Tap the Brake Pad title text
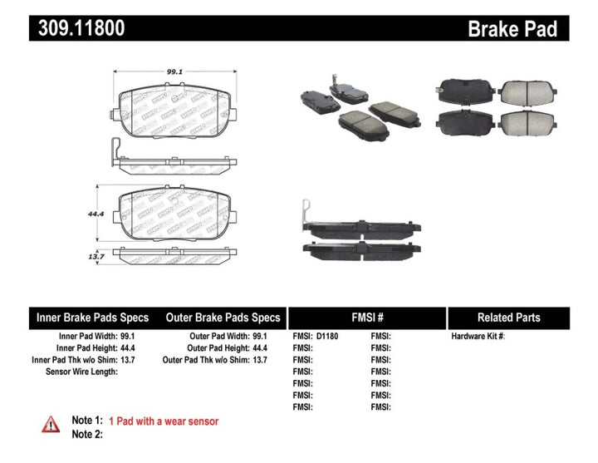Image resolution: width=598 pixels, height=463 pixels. [524, 29]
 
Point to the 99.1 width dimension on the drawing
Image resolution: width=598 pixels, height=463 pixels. [173, 72]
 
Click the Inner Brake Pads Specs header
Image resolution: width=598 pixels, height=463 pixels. [92, 318]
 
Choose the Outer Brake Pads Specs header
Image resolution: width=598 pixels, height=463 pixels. [223, 318]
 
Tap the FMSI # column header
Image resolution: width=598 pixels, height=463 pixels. [367, 318]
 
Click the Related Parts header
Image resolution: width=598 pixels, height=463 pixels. [508, 318]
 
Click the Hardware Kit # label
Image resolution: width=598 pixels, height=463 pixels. [478, 337]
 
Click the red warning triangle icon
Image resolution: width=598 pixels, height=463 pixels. [51, 425]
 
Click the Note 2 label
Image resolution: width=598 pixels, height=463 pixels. [86, 435]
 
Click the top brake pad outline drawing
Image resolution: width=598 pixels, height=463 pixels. [173, 108]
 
